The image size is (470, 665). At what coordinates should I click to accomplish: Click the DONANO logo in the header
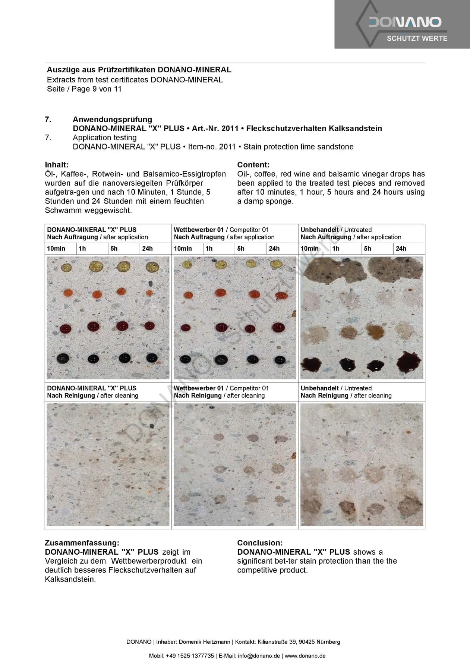tap(405, 22)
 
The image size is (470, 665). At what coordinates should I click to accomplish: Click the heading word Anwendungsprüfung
tap(112, 120)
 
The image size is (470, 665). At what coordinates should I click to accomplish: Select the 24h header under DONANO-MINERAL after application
tap(147, 249)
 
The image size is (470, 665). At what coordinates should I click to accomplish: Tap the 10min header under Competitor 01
tap(183, 249)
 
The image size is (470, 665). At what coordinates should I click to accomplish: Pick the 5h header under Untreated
tap(368, 249)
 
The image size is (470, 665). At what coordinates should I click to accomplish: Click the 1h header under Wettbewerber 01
tap(209, 249)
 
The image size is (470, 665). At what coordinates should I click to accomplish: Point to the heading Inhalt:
tap(57, 165)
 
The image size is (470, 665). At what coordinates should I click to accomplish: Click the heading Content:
tap(253, 165)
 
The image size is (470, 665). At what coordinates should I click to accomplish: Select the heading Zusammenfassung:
tap(82, 543)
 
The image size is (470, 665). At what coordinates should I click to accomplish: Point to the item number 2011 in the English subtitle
tap(227, 147)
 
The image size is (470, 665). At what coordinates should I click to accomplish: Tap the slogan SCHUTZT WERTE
tap(417, 38)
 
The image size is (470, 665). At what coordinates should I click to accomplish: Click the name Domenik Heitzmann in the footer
tap(205, 642)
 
